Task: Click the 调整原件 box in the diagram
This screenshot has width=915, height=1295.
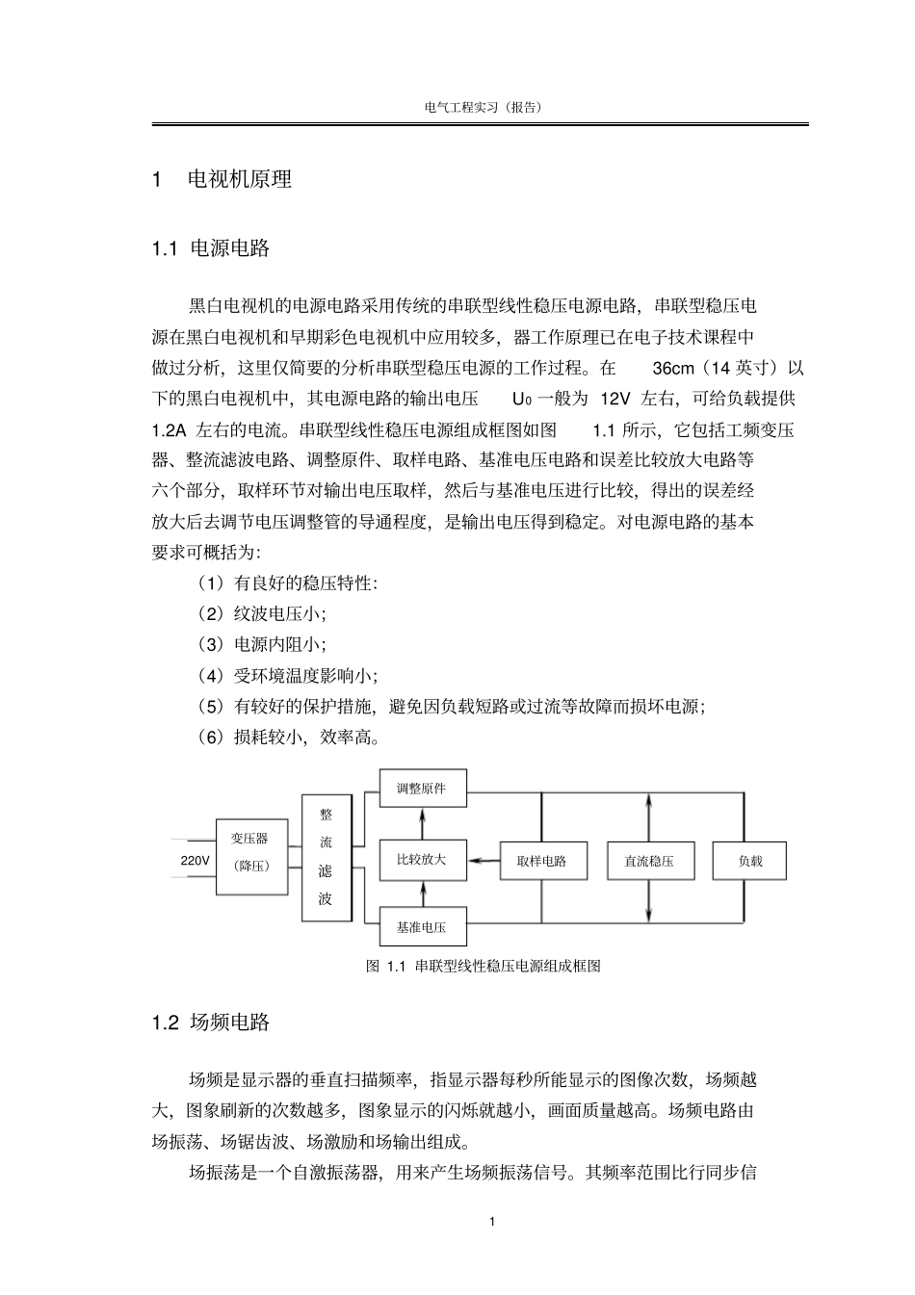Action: click(422, 789)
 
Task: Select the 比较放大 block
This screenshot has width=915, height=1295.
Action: click(422, 860)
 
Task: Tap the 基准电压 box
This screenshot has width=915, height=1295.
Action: click(422, 928)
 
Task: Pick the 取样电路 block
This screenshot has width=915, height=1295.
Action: click(540, 861)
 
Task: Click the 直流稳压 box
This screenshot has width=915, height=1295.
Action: click(642, 861)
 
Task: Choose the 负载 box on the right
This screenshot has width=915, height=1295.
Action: click(749, 861)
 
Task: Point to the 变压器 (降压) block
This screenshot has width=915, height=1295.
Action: click(250, 851)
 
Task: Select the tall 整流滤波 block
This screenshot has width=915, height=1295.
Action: click(327, 857)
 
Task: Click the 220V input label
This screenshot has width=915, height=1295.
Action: click(195, 860)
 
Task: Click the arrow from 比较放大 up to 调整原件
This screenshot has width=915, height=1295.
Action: click(422, 823)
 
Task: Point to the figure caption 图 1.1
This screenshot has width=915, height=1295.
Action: click(484, 966)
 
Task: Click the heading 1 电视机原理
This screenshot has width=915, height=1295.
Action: click(222, 179)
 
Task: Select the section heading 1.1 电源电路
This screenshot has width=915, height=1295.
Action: click(211, 248)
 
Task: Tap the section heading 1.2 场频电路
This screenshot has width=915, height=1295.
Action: click(211, 1023)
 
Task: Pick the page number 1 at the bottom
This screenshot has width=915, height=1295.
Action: click(492, 1222)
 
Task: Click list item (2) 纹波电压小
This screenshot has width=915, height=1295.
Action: click(261, 613)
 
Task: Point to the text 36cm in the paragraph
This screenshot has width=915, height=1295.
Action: click(672, 368)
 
